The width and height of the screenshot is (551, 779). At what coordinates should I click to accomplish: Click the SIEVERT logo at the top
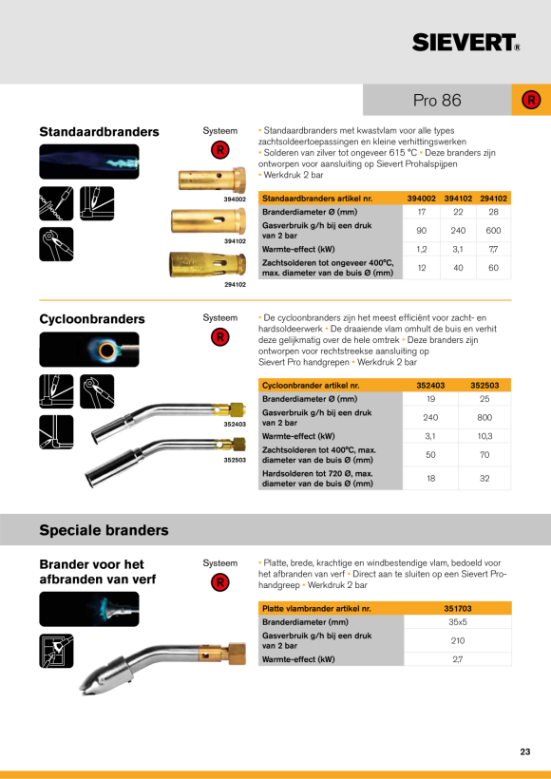466,43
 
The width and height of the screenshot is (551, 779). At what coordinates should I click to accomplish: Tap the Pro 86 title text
437,101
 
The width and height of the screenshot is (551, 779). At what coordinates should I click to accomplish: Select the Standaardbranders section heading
100,132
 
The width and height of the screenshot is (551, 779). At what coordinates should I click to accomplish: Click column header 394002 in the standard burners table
421,199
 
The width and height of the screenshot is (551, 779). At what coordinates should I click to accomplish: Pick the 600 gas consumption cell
493,231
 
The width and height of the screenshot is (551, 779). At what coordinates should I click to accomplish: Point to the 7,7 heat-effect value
493,250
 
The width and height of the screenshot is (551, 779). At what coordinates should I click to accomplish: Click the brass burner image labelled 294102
208,265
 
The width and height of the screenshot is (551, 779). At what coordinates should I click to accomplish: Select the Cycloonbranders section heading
92,319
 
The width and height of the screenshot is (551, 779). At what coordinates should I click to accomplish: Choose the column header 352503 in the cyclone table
484,385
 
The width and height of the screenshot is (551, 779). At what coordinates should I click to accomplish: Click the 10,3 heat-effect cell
484,436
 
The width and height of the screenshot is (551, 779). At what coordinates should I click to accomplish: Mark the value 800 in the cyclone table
484,417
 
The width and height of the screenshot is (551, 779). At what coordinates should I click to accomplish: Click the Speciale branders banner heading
104,530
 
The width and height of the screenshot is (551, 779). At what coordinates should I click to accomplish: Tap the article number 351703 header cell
458,609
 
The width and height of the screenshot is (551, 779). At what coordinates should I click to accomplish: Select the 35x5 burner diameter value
458,622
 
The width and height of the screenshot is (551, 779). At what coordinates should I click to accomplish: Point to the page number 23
525,751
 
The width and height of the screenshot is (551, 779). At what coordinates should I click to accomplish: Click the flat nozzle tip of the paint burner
83,689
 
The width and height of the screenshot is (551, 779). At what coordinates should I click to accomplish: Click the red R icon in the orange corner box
531,101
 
